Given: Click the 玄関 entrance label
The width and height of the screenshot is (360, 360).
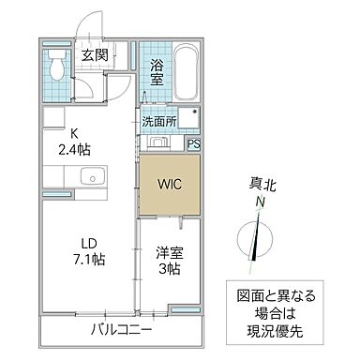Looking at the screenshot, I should click(x=94, y=54).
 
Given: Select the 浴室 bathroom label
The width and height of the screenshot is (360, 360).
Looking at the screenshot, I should click(x=157, y=72).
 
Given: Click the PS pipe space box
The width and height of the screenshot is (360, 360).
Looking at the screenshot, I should click(x=193, y=143).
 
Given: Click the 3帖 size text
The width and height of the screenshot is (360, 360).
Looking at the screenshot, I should click(x=169, y=268).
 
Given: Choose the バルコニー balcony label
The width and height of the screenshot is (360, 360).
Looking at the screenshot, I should click(x=122, y=329).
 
